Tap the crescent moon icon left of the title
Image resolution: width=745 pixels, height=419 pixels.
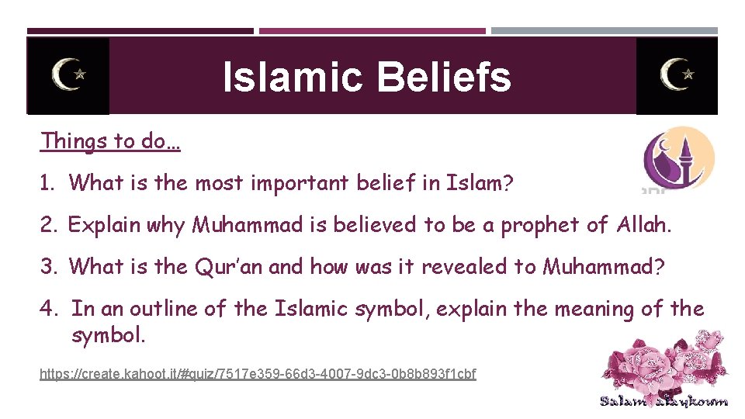tap(68, 75)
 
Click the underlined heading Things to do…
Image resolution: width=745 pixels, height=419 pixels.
tap(110, 141)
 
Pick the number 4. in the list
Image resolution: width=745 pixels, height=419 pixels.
tap(50, 309)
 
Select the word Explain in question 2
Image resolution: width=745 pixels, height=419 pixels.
tap(103, 226)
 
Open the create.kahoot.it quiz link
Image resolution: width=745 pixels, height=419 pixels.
tap(258, 375)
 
